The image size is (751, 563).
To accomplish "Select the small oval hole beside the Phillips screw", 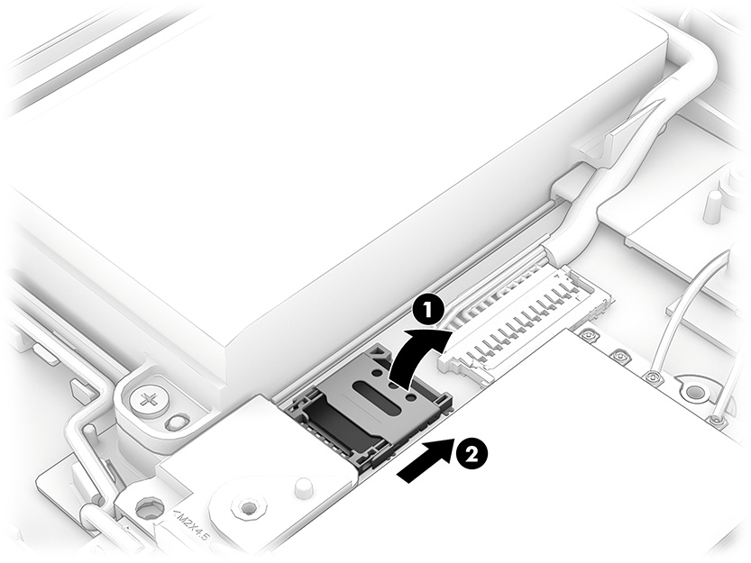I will tap(179, 420).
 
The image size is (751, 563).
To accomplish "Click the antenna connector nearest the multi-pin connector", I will tap(588, 335).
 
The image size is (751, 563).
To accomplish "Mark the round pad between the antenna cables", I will tap(693, 393).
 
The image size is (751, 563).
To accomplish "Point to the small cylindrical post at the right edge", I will tap(712, 207).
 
